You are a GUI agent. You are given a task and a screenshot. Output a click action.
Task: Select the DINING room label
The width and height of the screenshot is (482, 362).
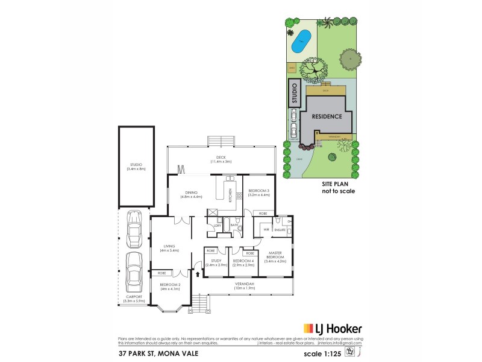coord(193,194)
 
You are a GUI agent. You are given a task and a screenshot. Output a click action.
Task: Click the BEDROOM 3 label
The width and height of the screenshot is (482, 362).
coord(258,192)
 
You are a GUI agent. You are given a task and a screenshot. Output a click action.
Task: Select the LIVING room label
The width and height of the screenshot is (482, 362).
coord(169,248)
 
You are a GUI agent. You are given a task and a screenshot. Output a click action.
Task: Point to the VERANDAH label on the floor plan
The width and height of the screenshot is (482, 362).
coord(243,285)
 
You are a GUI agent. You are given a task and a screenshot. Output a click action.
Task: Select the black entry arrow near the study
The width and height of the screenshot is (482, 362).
coord(198,275)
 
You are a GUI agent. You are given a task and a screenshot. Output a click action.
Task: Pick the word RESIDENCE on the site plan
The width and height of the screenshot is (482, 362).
coord(328,116)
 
